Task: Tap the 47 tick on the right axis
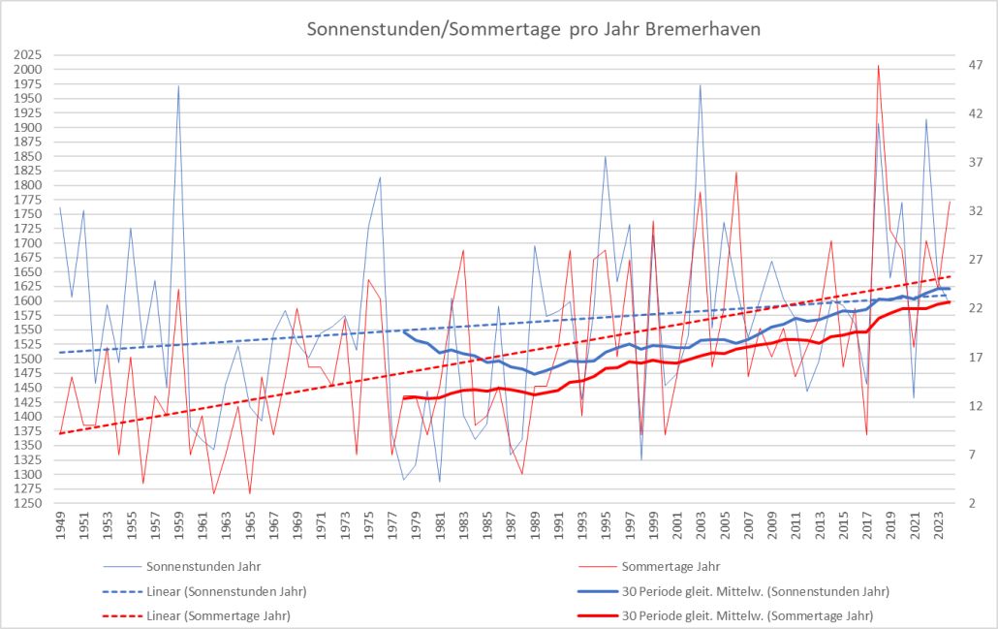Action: [x=976, y=65]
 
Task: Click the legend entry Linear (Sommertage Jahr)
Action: [x=217, y=615]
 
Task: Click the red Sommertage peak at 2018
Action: [x=879, y=65]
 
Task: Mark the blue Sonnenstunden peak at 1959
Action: [x=178, y=85]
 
